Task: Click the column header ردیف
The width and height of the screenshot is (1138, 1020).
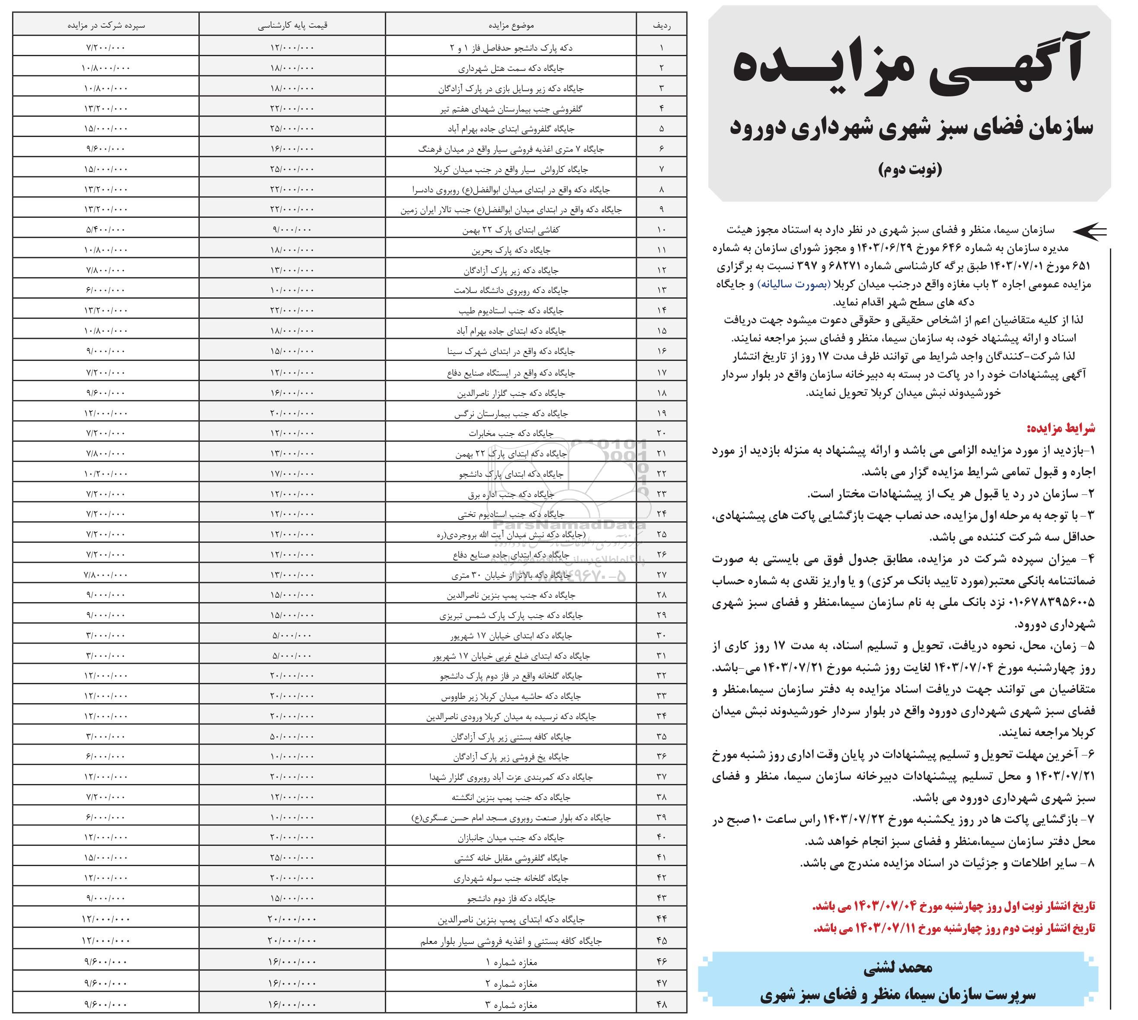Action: (x=662, y=25)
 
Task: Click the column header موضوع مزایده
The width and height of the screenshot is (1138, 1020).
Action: (x=511, y=25)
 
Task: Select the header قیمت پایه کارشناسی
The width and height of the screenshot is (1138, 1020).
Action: (x=292, y=25)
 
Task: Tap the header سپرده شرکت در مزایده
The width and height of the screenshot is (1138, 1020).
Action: (x=106, y=25)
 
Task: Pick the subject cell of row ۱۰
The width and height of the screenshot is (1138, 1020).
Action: (x=511, y=230)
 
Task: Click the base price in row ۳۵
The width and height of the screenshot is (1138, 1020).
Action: (x=292, y=736)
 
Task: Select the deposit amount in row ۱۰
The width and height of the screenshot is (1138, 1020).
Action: (x=106, y=230)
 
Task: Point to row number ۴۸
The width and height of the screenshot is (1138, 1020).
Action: (x=662, y=1004)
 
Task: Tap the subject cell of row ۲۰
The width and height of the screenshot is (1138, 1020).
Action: (x=511, y=433)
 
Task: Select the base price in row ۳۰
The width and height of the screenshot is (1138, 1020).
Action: (x=292, y=635)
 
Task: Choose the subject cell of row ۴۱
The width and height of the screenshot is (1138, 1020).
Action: (x=511, y=858)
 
